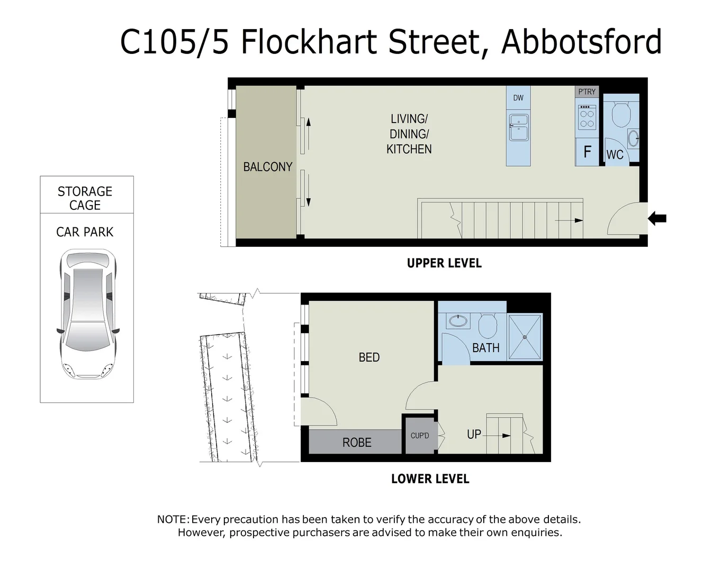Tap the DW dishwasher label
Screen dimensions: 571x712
pyautogui.click(x=518, y=98)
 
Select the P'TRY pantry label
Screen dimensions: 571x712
pyautogui.click(x=587, y=92)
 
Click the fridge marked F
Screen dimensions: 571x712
pyautogui.click(x=587, y=152)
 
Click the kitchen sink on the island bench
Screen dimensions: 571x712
pyautogui.click(x=518, y=127)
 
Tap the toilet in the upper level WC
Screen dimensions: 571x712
pyautogui.click(x=620, y=113)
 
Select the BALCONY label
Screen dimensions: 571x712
pyautogui.click(x=267, y=167)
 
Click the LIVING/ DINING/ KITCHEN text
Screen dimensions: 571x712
pyautogui.click(x=409, y=134)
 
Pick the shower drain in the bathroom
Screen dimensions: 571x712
pyautogui.click(x=525, y=337)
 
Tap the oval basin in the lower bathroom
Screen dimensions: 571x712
pyautogui.click(x=457, y=320)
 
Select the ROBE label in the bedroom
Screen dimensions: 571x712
pyautogui.click(x=357, y=443)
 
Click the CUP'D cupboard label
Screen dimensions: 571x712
pyautogui.click(x=420, y=436)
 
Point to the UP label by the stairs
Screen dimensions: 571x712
pyautogui.click(x=474, y=435)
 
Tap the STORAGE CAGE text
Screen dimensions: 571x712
pyautogui.click(x=85, y=198)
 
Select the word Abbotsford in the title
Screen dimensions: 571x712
pyautogui.click(x=581, y=42)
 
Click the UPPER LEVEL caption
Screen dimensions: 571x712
pyautogui.click(x=444, y=263)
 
